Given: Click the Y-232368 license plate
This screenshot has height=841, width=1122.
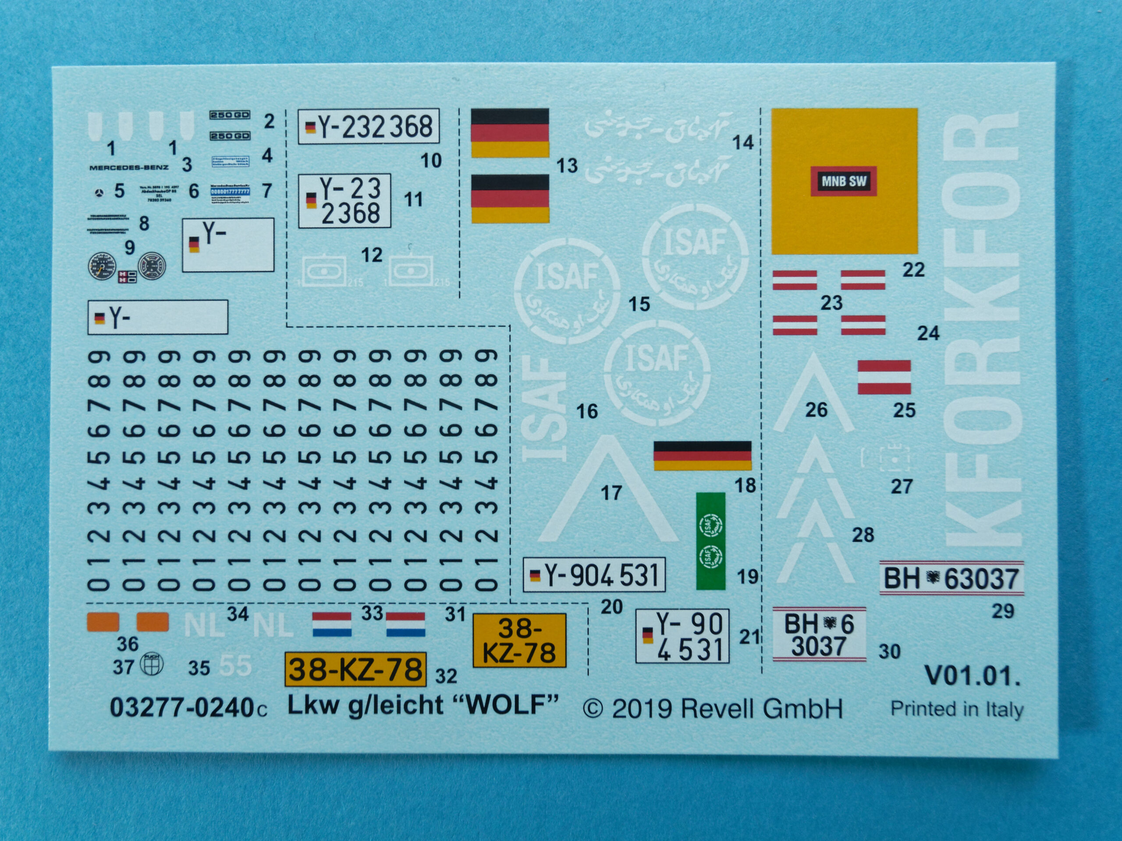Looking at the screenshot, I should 368,126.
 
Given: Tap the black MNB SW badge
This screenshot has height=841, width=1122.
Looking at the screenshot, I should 844,181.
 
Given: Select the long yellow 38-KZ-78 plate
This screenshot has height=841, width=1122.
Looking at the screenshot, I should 355,669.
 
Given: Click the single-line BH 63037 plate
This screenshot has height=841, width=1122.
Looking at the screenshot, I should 952,579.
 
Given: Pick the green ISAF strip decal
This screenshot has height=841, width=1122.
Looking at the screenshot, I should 710,541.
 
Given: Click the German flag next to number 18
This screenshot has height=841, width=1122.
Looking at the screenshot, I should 702,455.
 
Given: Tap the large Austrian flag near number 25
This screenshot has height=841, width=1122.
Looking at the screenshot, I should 884,377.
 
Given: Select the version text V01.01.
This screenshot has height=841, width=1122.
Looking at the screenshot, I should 972,676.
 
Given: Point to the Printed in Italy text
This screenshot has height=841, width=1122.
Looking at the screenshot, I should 957,709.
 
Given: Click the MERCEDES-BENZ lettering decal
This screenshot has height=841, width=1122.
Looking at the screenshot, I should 129,167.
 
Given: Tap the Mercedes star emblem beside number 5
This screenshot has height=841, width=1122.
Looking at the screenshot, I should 99,193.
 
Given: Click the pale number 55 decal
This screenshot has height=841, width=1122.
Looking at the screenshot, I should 236,666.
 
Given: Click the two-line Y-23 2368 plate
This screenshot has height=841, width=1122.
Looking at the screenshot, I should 344,201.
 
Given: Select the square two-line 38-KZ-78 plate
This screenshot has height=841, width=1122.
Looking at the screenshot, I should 519,640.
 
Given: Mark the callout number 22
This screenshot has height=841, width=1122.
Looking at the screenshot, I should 913,270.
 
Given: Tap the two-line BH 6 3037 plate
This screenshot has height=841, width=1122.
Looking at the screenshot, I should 819,635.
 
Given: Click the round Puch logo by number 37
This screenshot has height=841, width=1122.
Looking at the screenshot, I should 152,664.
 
